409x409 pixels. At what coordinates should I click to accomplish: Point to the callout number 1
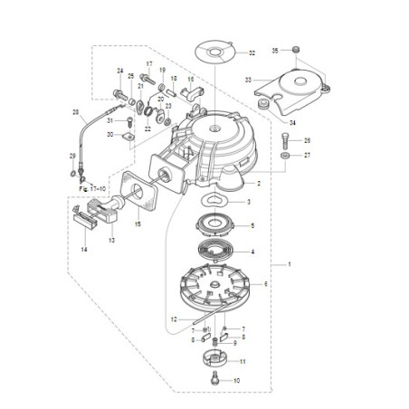(289, 264)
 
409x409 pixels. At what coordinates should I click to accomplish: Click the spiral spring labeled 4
(216, 252)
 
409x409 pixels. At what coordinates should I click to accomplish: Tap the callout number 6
(266, 284)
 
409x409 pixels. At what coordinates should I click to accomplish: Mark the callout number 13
(112, 241)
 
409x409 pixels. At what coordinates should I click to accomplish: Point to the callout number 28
(76, 113)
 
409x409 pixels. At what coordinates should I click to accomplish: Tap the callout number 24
(119, 70)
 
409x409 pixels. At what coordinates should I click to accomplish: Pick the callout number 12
(173, 319)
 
